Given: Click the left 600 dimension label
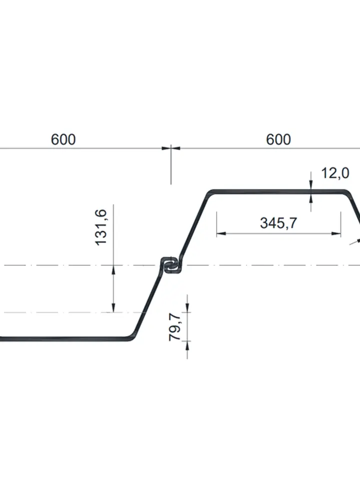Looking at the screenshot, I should click(x=63, y=139).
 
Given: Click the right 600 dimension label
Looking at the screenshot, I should click(x=278, y=139).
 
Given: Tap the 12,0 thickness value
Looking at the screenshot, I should click(x=334, y=173).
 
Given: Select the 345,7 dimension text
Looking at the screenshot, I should click(x=278, y=223).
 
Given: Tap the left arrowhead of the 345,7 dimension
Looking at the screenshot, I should click(x=220, y=233).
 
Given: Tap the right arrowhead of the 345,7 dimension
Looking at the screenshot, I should click(x=337, y=233).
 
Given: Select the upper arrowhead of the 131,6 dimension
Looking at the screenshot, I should click(x=114, y=269).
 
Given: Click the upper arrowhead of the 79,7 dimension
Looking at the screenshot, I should click(x=188, y=308).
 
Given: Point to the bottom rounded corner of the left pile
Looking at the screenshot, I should click(x=131, y=337).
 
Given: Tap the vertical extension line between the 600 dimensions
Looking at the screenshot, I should click(x=171, y=165).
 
